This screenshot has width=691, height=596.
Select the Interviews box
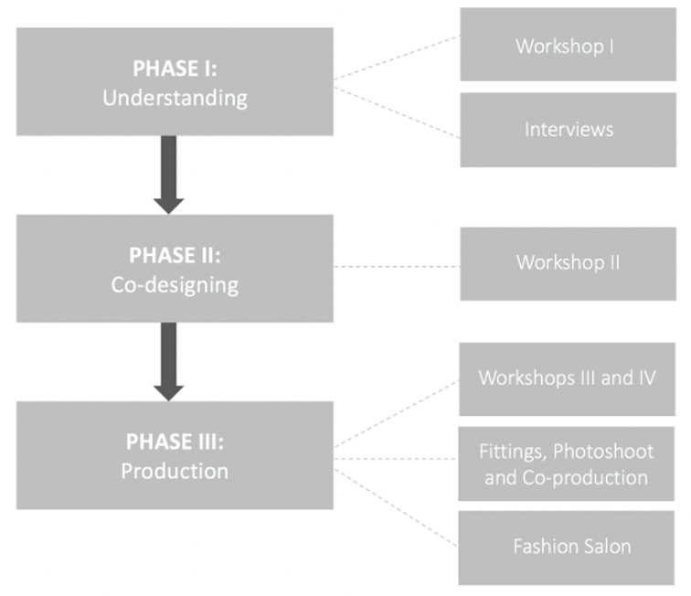click(x=568, y=129)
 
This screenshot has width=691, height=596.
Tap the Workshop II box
click(x=568, y=263)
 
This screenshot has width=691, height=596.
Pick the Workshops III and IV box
click(x=567, y=378)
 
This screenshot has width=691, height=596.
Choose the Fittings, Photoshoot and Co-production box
click(x=567, y=464)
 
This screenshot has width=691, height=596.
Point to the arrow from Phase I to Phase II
click(x=168, y=174)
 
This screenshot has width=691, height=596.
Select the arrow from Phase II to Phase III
click(x=168, y=361)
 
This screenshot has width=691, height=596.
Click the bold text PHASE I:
click(x=175, y=69)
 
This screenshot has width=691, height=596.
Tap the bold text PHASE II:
click(x=175, y=256)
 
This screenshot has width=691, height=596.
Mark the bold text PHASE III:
click(x=175, y=443)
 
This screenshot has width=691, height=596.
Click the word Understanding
click(x=175, y=97)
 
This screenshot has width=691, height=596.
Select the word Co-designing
click(x=175, y=284)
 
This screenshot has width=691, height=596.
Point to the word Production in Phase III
click(x=175, y=472)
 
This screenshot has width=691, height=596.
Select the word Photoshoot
click(x=603, y=452)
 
